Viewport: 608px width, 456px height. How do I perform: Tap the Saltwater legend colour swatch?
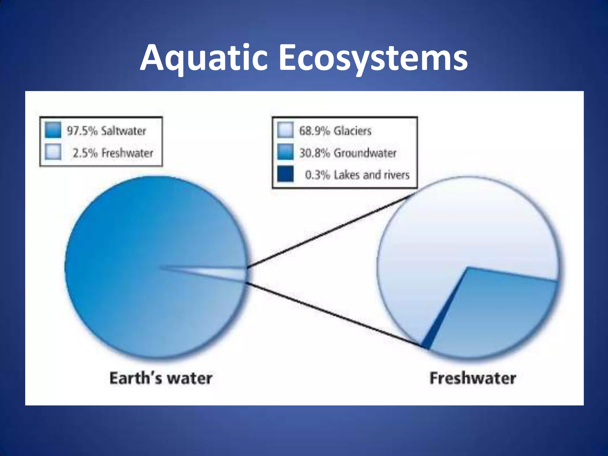point(53,130)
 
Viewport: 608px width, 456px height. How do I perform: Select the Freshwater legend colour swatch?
point(53,152)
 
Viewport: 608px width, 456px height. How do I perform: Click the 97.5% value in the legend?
point(82,131)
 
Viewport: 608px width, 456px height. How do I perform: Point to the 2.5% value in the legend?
point(85,153)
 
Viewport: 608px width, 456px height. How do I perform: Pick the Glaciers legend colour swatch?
point(285,130)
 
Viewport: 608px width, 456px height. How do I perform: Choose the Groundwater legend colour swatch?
point(285,152)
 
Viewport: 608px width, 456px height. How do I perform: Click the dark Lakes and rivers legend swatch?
point(285,174)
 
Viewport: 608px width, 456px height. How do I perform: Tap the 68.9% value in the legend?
point(314,131)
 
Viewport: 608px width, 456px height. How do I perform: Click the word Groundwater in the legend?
point(365,153)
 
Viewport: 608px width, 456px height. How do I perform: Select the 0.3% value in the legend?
point(317,175)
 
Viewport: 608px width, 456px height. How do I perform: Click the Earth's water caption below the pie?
point(161,379)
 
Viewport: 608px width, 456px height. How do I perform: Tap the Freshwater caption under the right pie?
point(473,379)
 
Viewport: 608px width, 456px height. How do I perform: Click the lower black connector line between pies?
point(332,315)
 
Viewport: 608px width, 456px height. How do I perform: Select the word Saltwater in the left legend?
point(123,131)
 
